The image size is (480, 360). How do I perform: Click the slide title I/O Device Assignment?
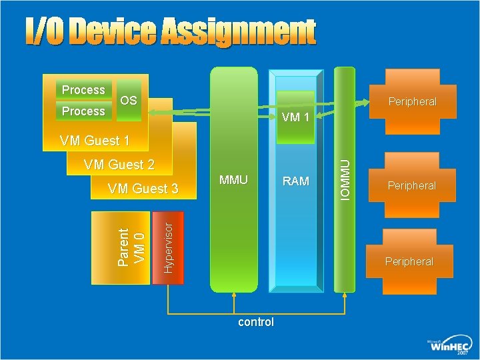171,31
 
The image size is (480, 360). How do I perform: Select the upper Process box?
83,90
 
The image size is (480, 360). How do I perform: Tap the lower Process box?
83,111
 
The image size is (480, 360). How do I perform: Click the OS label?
129,101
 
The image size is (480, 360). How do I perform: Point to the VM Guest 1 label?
94,141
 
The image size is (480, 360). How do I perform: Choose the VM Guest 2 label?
119,165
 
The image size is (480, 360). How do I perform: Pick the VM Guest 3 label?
143,189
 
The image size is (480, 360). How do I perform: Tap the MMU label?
233,180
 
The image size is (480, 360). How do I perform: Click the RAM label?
295,181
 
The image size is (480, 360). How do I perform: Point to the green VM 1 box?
295,117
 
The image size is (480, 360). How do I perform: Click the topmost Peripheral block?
412,102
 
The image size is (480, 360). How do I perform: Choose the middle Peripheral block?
412,185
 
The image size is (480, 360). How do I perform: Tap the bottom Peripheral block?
409,261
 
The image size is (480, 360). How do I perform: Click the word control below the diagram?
256,322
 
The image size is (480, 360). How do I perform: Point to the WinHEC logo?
449,345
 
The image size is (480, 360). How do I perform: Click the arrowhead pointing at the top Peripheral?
365,102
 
